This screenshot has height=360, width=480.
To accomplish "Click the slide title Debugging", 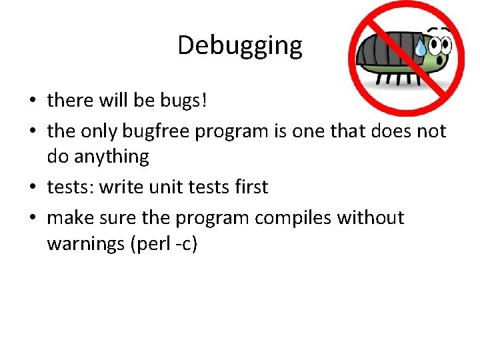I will coord(240,45).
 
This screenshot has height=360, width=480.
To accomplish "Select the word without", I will coord(371,218).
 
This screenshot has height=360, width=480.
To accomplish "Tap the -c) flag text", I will coord(186,244).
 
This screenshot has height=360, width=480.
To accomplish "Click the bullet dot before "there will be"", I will coord(33,101).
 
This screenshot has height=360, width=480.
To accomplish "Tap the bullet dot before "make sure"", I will coord(33,219).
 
